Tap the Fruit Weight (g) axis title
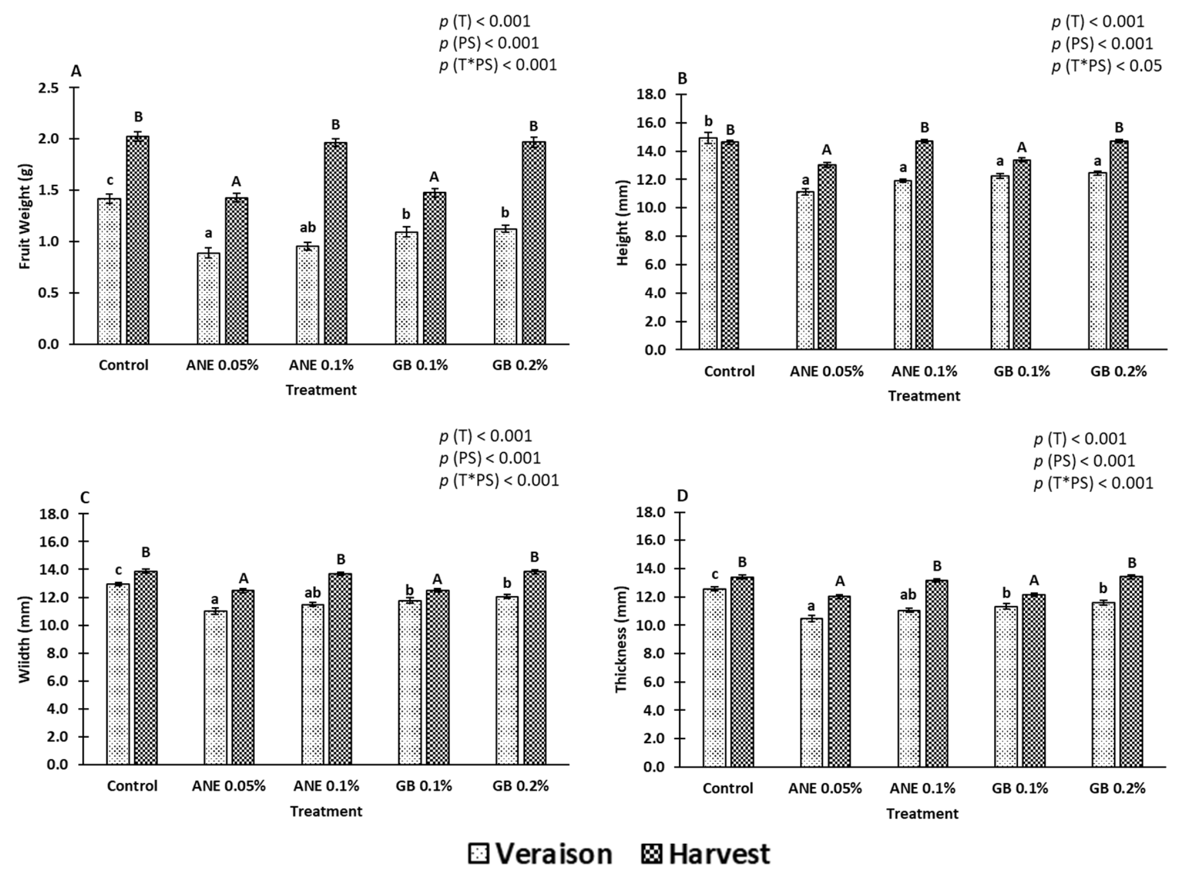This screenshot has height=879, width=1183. pyautogui.click(x=25, y=216)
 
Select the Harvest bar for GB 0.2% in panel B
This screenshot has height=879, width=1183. pyautogui.click(x=1118, y=245)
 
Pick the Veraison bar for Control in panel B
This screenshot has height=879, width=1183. pyautogui.click(x=708, y=244)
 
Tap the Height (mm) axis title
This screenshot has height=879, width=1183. pyautogui.click(x=623, y=222)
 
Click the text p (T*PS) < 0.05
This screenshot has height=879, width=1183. pyautogui.click(x=1106, y=66)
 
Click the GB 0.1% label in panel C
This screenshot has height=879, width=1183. pyautogui.click(x=423, y=786)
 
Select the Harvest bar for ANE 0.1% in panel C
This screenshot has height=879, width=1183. pyautogui.click(x=341, y=669)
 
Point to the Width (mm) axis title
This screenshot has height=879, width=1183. pyautogui.click(x=25, y=638)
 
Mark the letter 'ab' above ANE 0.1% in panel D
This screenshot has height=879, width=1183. pyautogui.click(x=908, y=594)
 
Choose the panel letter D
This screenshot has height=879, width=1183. pyautogui.click(x=682, y=496)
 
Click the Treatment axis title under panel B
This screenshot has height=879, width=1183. pyautogui.click(x=924, y=396)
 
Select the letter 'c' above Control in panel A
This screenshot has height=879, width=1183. pyautogui.click(x=110, y=180)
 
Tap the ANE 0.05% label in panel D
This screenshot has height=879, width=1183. pyautogui.click(x=825, y=788)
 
